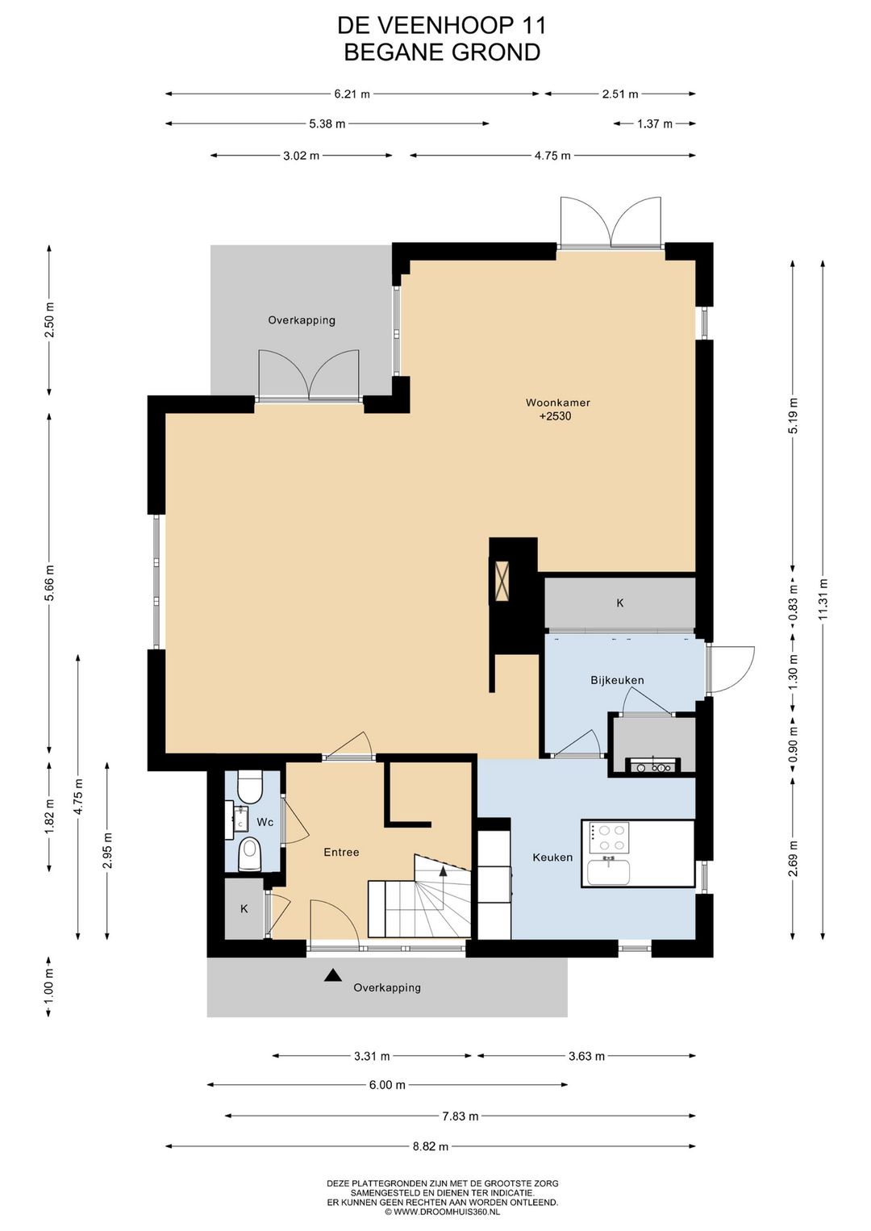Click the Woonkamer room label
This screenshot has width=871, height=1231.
coord(557,403)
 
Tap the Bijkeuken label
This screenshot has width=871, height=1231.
coord(617,680)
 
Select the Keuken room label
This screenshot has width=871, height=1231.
coord(552,858)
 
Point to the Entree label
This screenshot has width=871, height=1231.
coord(341,853)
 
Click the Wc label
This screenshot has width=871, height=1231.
coord(265,822)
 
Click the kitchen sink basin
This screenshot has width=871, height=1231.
coord(609,872)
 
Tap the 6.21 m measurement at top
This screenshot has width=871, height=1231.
coord(352,94)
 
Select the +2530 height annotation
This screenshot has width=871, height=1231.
coord(555,416)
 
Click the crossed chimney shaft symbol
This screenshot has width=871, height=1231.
coord(502,581)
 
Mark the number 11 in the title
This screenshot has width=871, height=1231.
coord(532,26)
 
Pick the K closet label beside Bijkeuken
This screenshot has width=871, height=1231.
coord(620,603)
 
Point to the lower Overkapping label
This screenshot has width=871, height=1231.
coord(387,987)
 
